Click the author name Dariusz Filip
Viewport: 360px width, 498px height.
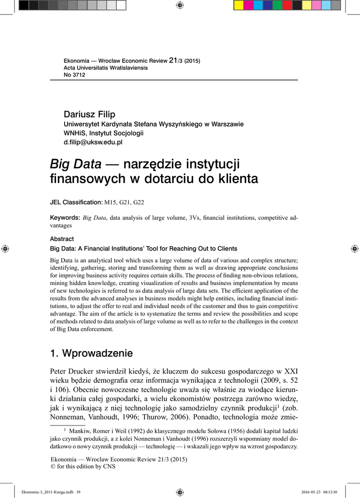pos(90,114)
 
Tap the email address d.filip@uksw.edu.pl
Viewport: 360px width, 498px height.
pos(93,142)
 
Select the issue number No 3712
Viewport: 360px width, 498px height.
pos(74,75)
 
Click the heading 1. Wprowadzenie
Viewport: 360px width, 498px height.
pos(91,352)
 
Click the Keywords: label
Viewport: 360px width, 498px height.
pos(65,217)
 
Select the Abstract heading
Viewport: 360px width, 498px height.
pos(62,239)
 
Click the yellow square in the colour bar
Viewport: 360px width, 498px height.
pos(238,5)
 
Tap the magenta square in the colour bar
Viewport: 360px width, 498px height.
pos(248,5)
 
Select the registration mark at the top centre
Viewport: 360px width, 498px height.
pos(180,5)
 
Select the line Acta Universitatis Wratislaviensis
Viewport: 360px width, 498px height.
pos(106,68)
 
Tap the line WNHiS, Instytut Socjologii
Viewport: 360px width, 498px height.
pos(104,133)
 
